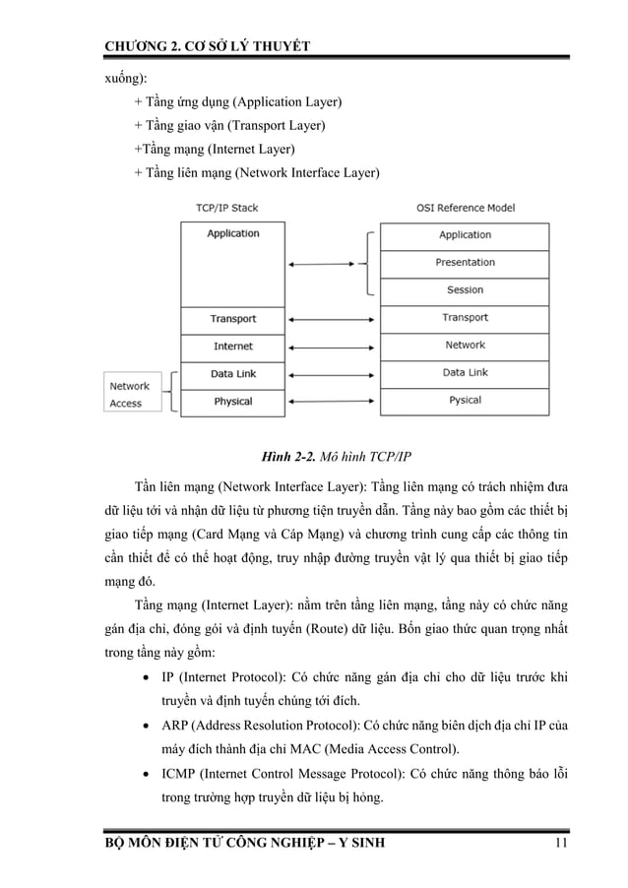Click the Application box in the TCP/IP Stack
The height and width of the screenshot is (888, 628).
[x=233, y=263]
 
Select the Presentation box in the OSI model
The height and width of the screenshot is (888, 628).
[x=465, y=263]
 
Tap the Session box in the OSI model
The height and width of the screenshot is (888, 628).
[x=465, y=290]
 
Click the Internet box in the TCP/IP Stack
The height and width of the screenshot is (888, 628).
[x=233, y=347]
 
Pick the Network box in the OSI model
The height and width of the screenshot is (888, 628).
[x=465, y=346]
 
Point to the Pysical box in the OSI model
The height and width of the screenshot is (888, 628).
[x=465, y=401]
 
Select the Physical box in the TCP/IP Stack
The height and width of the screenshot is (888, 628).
[x=233, y=402]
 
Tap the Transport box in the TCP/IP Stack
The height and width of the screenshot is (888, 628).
[x=233, y=319]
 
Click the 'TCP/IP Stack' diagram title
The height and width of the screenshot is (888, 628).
[x=227, y=208]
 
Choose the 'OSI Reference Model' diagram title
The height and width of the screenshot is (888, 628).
[x=466, y=208]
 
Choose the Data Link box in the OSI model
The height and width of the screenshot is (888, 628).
[x=465, y=373]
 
